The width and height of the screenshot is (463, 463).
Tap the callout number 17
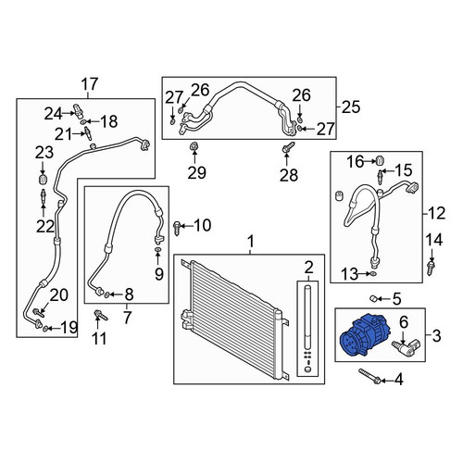point(90,84)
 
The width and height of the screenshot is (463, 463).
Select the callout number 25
point(351,106)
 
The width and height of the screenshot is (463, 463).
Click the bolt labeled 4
point(369,377)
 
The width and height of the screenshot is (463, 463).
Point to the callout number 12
point(437,213)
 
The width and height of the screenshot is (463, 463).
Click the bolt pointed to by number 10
point(177,228)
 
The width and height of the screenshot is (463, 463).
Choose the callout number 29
point(197,172)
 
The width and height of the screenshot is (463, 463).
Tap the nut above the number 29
point(194,146)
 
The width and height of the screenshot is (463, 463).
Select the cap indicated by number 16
point(381,160)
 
